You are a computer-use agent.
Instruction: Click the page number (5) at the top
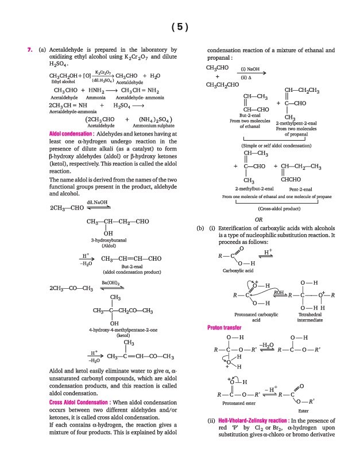180,27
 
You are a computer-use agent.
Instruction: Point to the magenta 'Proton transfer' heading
224,328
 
